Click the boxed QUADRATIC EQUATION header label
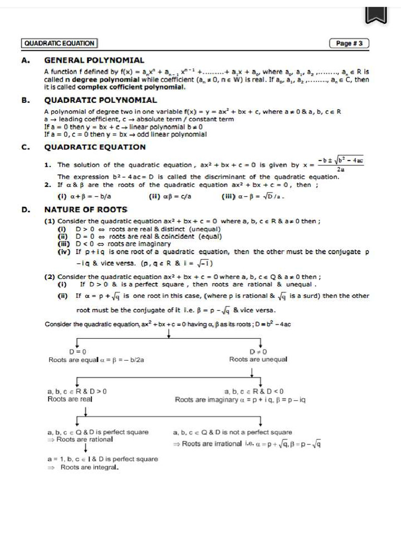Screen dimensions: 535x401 click(59, 43)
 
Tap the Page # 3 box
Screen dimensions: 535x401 click(349, 43)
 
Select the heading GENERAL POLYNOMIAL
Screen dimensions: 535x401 click(94, 61)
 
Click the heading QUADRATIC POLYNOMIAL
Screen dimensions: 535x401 click(100, 100)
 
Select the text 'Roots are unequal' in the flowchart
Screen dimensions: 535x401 click(258, 359)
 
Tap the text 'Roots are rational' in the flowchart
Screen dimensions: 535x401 click(84, 439)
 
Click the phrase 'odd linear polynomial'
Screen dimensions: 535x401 click(172, 134)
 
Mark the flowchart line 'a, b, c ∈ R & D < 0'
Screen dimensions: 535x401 click(254, 391)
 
